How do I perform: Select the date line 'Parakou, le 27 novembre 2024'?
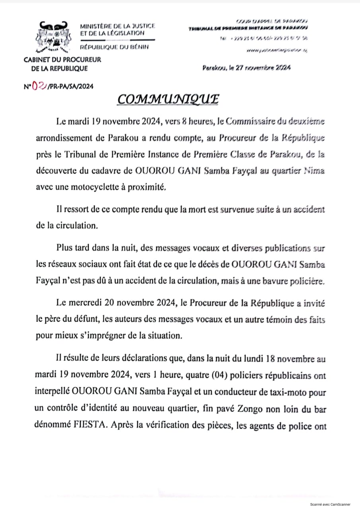tap(246, 68)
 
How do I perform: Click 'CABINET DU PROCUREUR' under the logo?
tap(63, 60)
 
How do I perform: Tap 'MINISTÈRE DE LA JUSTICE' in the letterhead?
tap(117, 26)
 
